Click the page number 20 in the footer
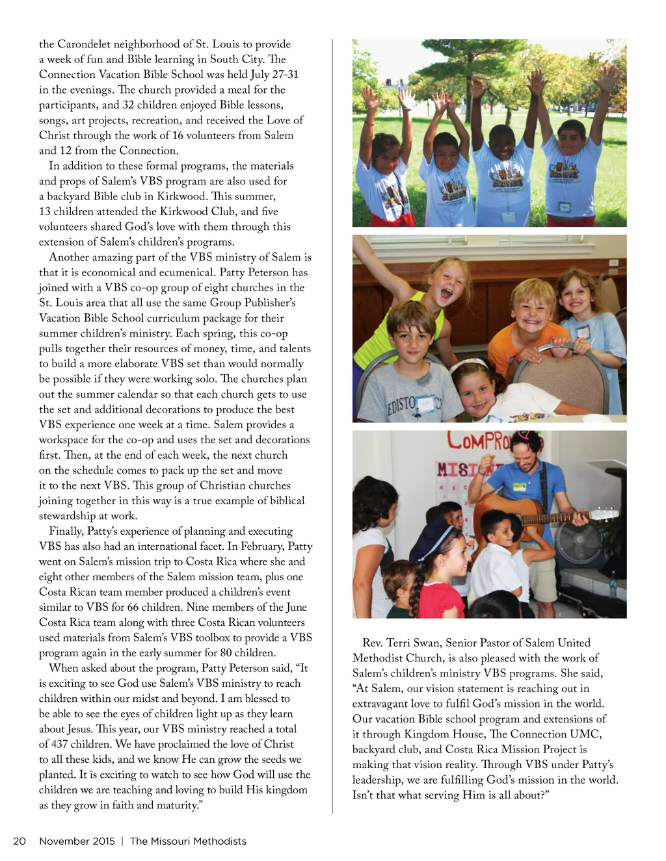[20, 841]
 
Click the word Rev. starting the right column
[373, 643]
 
